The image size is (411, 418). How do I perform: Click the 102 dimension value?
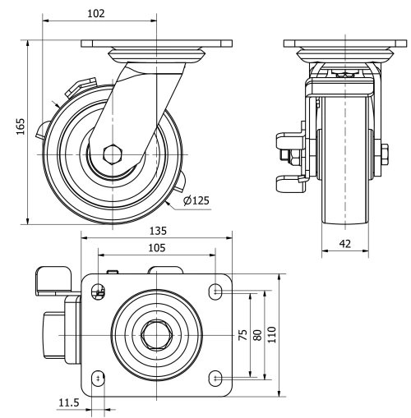click(95, 14)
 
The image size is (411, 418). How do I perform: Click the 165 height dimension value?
click(21, 127)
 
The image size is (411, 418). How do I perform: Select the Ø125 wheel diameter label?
click(196, 200)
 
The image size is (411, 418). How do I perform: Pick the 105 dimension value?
click(156, 246)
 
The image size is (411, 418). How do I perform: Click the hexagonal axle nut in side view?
click(113, 153)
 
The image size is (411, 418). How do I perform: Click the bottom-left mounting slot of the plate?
click(99, 378)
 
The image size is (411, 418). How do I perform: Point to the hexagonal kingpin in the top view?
click(156, 334)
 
